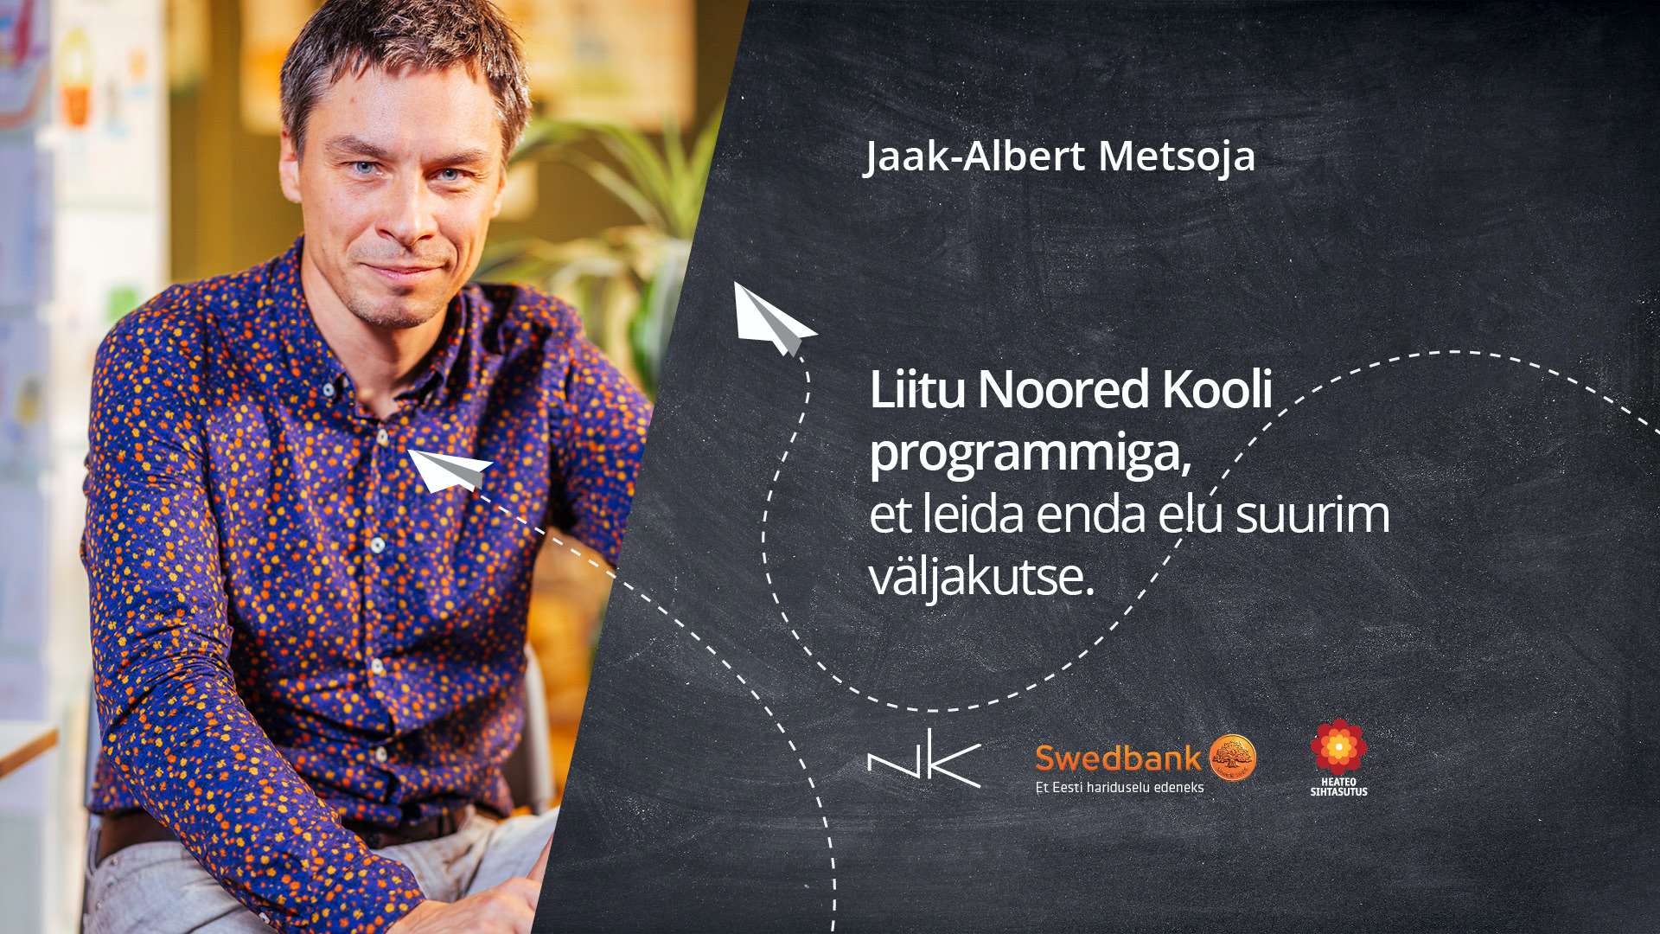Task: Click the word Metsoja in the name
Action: pos(1177,157)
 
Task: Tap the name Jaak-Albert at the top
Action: pos(974,157)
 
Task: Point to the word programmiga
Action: pos(1030,453)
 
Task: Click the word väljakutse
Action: pos(981,576)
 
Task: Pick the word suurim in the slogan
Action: pos(1312,514)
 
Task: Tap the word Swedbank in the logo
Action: pos(1118,758)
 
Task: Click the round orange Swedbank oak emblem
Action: pos(1232,758)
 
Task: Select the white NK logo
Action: pos(924,758)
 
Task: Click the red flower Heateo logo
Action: pos(1338,746)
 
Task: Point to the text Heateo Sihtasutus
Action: pos(1338,787)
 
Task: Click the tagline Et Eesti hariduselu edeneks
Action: pos(1120,787)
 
